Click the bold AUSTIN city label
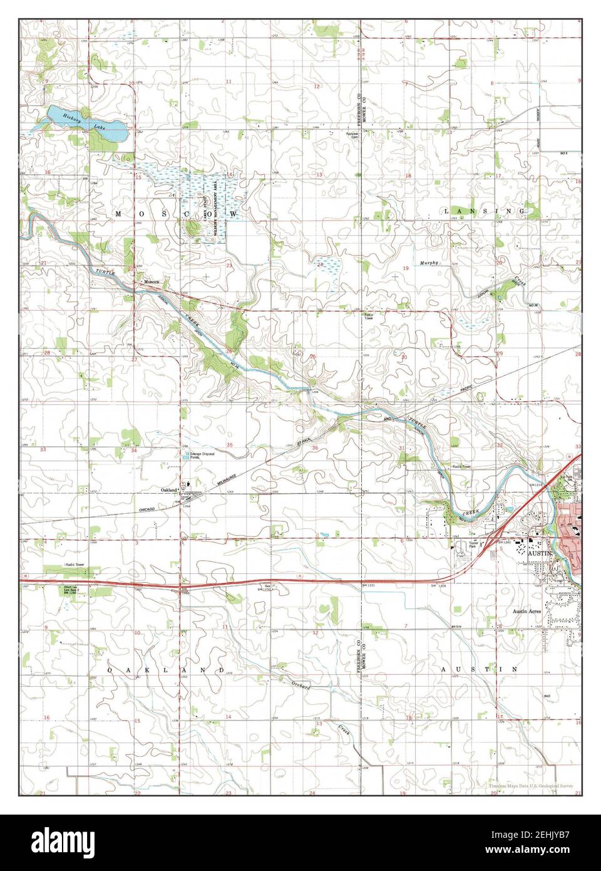(x=537, y=554)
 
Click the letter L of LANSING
(x=446, y=212)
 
